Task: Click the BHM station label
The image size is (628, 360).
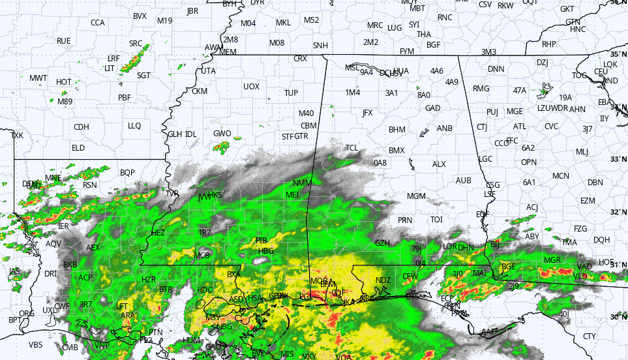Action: (x=397, y=130)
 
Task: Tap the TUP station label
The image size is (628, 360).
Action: (x=291, y=93)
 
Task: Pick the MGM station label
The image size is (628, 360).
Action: (x=416, y=196)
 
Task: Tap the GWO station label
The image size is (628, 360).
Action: (x=222, y=134)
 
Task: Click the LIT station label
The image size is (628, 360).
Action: (x=110, y=68)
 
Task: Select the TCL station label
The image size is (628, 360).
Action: (x=352, y=148)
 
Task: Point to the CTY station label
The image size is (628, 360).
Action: (x=590, y=337)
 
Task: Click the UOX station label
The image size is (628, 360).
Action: (x=251, y=86)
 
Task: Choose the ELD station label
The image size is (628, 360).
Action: (x=78, y=148)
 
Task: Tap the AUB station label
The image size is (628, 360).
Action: (x=463, y=180)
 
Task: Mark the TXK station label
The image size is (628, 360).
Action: (x=17, y=136)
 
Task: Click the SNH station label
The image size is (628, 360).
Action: (x=320, y=46)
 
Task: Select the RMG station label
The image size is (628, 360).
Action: (x=481, y=89)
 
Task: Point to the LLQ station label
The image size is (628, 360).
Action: (x=134, y=126)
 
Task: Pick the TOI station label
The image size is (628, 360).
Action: (x=436, y=220)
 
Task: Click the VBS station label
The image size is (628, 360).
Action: (x=35, y=344)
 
